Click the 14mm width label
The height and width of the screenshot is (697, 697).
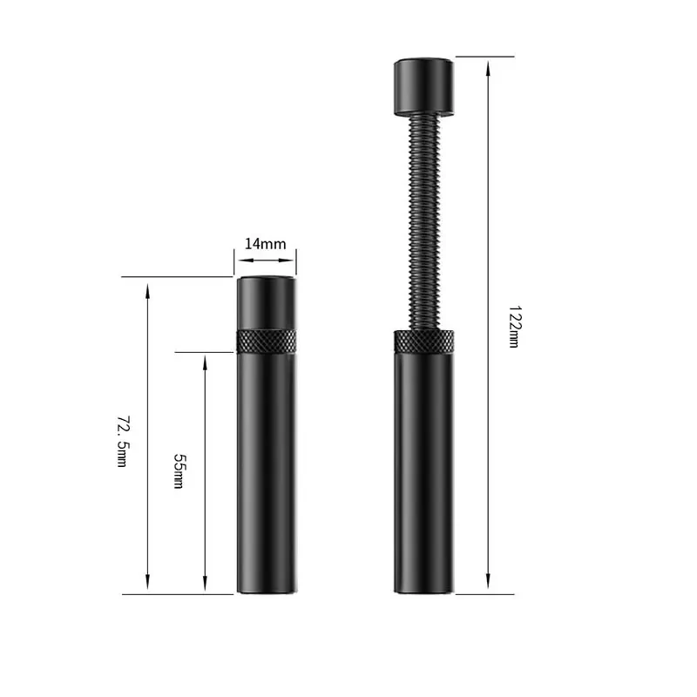pyautogui.click(x=265, y=244)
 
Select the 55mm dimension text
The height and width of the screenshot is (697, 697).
pyautogui.click(x=179, y=470)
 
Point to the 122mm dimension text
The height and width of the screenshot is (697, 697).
pyautogui.click(x=514, y=327)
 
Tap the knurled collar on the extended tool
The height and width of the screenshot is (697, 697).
pyautogui.click(x=424, y=342)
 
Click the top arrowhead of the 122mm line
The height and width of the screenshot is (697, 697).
pyautogui.click(x=488, y=64)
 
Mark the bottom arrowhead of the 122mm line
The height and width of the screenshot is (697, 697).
pyautogui.click(x=488, y=586)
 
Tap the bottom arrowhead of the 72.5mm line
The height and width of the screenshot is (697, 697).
pyautogui.click(x=148, y=586)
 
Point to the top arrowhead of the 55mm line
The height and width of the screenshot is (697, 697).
pyautogui.click(x=206, y=360)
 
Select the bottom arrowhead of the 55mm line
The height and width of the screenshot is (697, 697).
pyautogui.click(x=206, y=586)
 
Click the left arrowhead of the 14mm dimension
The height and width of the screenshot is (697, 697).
pyautogui.click(x=239, y=260)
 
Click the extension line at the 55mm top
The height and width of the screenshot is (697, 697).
pyautogui.click(x=205, y=352)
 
